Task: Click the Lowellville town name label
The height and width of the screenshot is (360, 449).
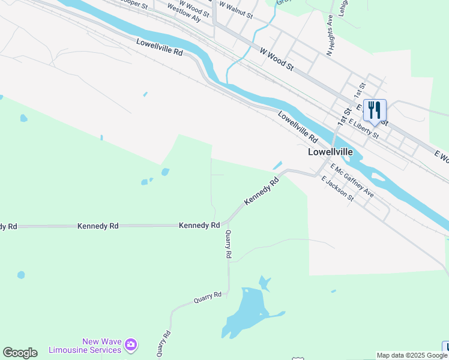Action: click(330, 152)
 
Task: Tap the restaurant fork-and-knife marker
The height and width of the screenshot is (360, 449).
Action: click(375, 110)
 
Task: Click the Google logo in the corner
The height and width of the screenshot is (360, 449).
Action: click(20, 353)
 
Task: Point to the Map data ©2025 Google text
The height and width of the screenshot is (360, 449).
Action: click(412, 355)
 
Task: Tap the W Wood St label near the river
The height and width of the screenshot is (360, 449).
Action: click(276, 60)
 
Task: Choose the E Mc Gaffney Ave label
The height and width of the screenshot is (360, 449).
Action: click(352, 182)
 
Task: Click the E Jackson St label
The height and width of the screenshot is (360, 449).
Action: click(337, 190)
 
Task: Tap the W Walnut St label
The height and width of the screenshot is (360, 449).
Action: click(235, 7)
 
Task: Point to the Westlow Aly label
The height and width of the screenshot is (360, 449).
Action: click(184, 13)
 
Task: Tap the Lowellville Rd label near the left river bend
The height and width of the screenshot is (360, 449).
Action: click(159, 47)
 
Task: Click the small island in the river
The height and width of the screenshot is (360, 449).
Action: click(378, 177)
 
